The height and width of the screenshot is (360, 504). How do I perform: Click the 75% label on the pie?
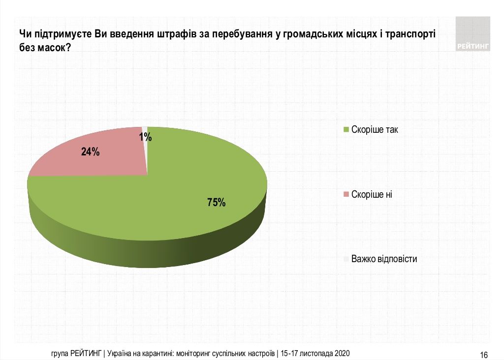tap(216, 202)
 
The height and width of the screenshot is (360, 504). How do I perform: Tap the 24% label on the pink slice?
tap(91, 152)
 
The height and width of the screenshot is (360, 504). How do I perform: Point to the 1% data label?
tap(145, 137)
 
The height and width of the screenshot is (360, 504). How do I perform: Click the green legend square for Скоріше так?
tap(346, 130)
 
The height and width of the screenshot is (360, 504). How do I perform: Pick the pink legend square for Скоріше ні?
tap(346, 194)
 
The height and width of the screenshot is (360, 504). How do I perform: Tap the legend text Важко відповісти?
tap(384, 259)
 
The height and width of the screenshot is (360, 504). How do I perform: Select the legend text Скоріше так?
tap(375, 130)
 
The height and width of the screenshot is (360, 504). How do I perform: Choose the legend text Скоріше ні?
tap(372, 194)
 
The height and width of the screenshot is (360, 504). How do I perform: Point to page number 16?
tap(483, 355)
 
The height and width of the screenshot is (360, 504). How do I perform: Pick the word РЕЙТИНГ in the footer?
tap(86, 354)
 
